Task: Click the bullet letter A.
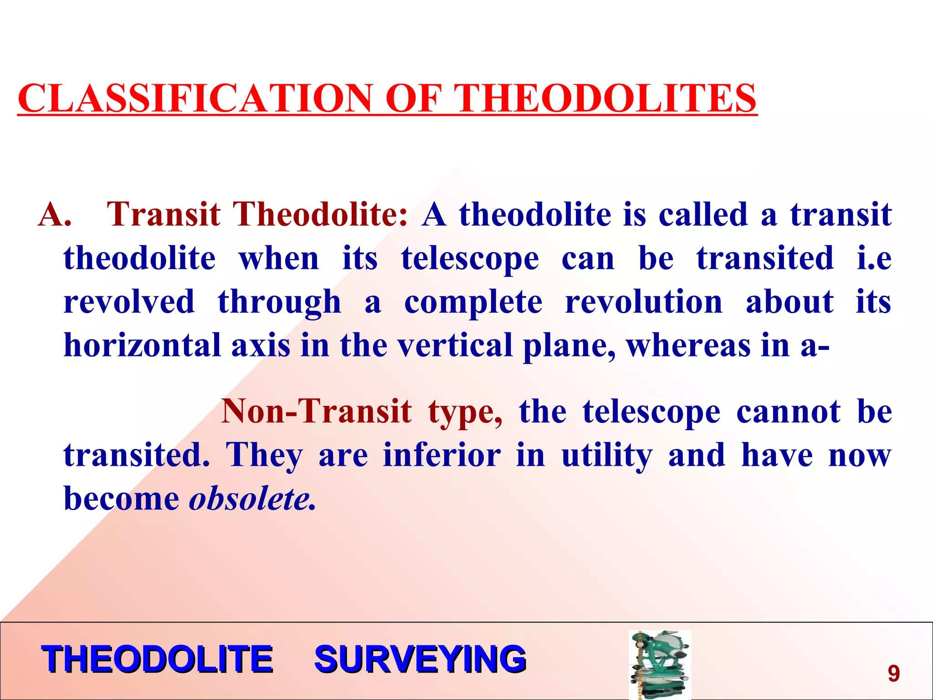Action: tap(54, 214)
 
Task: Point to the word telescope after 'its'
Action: tap(470, 259)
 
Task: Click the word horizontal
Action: tap(142, 345)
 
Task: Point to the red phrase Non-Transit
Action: tap(316, 411)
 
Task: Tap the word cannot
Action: tap(788, 411)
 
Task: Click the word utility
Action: tap(606, 456)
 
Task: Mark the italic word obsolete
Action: tap(252, 499)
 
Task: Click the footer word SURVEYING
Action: tap(420, 659)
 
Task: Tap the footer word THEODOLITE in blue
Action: tap(157, 659)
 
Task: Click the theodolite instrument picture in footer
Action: tap(659, 664)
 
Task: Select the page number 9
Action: tap(893, 673)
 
